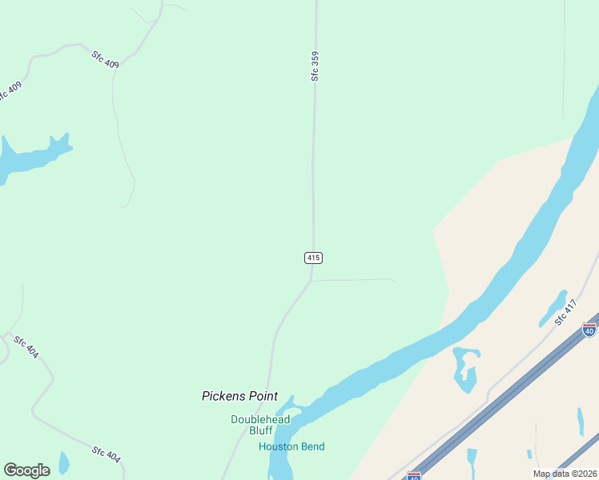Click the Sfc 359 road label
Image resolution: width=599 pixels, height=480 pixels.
tap(316, 66)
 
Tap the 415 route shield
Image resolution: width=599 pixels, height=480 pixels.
tap(313, 258)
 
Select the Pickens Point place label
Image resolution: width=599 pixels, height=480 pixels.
tap(239, 396)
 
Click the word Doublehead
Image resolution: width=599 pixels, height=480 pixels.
tap(260, 419)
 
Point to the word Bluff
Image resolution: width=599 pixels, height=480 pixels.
tap(260, 430)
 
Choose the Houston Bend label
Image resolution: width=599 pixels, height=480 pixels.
tap(291, 446)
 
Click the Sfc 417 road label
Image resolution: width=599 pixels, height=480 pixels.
tap(565, 312)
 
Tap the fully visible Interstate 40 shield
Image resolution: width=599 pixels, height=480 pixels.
tap(589, 329)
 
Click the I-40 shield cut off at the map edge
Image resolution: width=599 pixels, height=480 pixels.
tap(413, 476)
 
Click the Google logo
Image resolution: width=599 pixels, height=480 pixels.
tap(26, 470)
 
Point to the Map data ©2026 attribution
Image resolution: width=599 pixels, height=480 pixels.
tap(565, 474)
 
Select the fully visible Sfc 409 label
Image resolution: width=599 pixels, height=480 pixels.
tap(105, 60)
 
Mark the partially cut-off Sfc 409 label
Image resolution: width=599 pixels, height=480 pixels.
tap(7, 93)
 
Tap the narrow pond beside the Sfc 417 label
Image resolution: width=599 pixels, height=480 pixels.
tap(553, 308)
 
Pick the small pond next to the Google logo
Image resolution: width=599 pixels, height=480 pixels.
tap(63, 462)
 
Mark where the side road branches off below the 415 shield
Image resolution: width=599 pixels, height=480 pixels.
tap(311, 282)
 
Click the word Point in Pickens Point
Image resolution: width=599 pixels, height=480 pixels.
tap(261, 396)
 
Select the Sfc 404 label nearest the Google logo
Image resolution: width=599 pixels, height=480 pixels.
tap(106, 454)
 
